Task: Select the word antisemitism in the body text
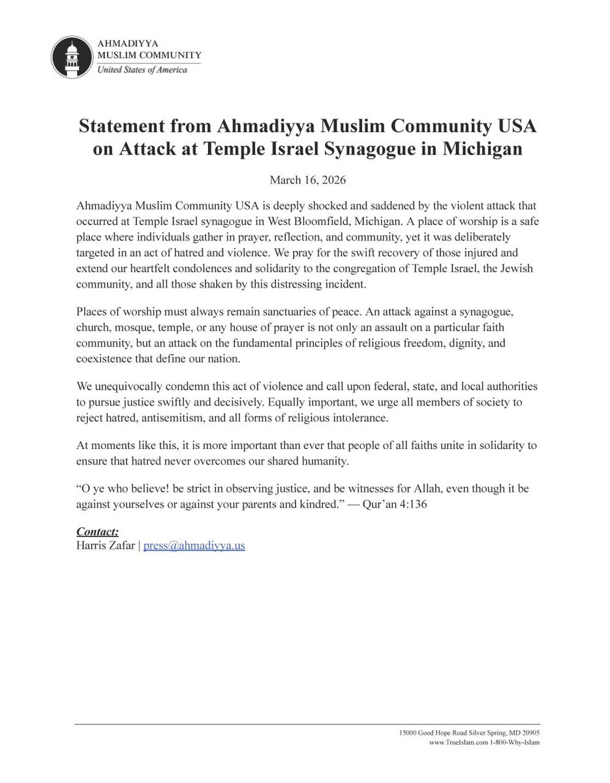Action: point(189,418)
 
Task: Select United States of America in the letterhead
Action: point(142,70)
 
